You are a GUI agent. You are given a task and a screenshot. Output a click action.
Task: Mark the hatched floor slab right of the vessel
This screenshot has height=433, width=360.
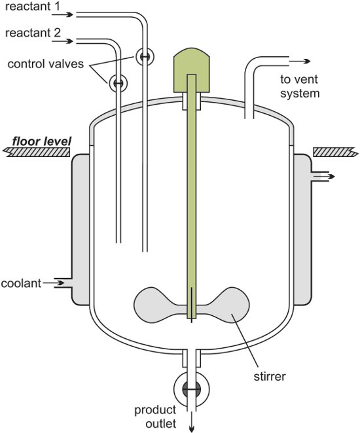click(335, 152)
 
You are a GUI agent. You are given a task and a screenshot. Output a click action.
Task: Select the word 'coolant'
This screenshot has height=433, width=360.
click(22, 283)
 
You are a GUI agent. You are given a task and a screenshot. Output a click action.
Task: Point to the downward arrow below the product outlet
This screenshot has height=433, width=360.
click(191, 426)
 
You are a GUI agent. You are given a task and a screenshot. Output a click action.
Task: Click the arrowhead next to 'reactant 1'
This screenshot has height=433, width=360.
click(63, 14)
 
